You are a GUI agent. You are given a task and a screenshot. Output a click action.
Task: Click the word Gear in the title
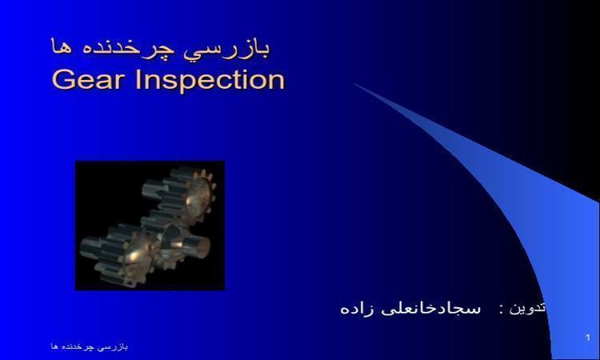click(88, 80)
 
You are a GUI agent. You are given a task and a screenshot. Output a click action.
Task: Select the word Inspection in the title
click(210, 81)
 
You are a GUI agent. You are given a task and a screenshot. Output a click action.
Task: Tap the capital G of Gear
click(62, 80)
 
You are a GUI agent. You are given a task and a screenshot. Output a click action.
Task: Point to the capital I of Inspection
click(139, 80)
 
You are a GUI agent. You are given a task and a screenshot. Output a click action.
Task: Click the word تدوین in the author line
click(526, 307)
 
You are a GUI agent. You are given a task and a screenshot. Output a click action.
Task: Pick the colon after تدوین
click(501, 310)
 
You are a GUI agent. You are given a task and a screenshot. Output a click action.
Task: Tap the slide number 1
click(588, 338)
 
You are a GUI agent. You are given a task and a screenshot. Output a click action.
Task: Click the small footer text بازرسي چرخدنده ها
click(90, 346)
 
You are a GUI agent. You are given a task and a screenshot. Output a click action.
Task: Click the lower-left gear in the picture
click(118, 254)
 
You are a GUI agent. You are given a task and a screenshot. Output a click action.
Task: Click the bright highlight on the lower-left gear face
click(133, 255)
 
